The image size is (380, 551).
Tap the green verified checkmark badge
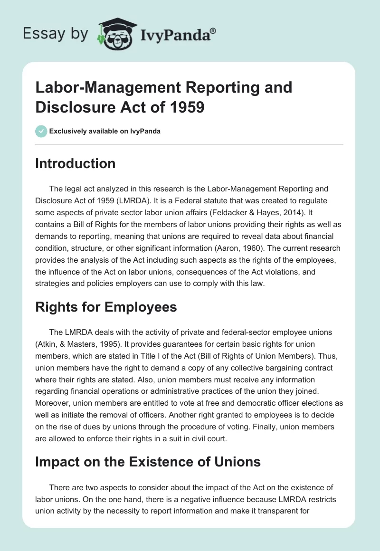[x=41, y=131]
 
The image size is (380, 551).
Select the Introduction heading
[x=75, y=163]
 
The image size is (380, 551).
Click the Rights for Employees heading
[x=106, y=307]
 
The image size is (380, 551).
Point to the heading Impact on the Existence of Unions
[x=148, y=462]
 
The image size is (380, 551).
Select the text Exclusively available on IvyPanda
[x=105, y=131]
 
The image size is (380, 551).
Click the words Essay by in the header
[x=54, y=34]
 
